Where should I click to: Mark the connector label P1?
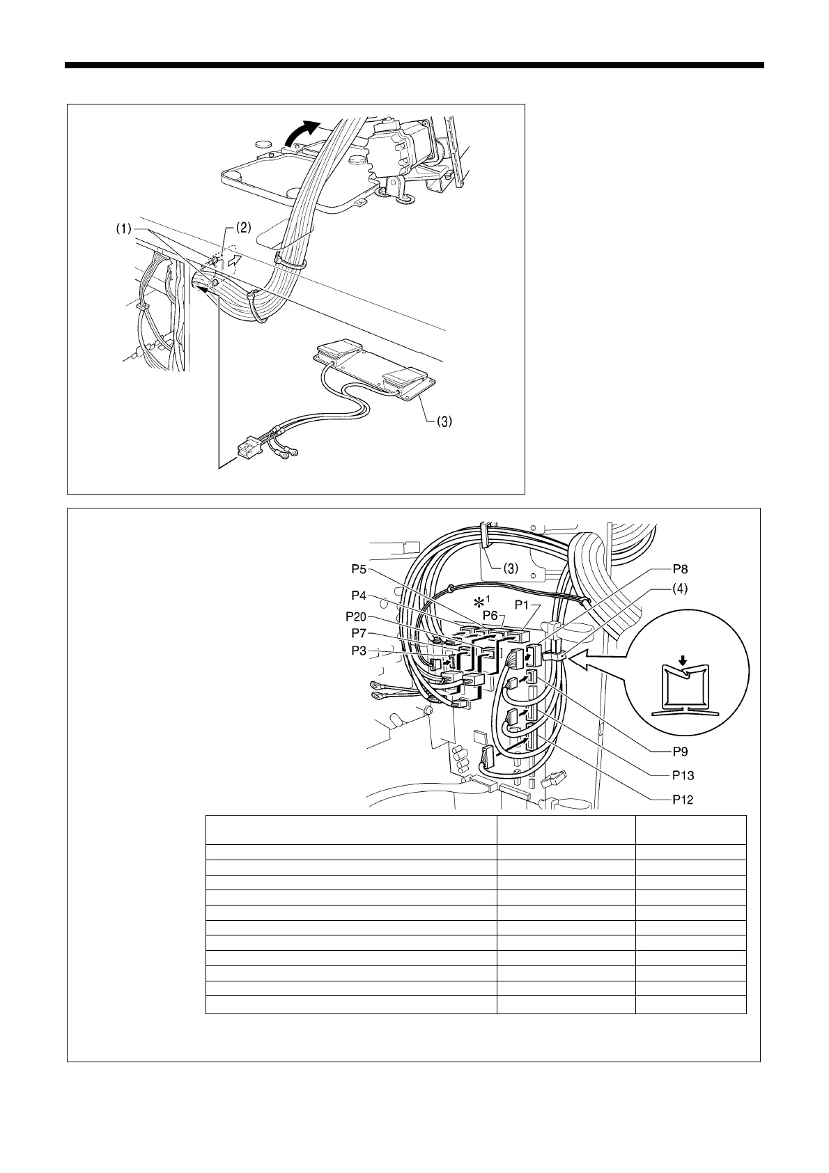(524, 605)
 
